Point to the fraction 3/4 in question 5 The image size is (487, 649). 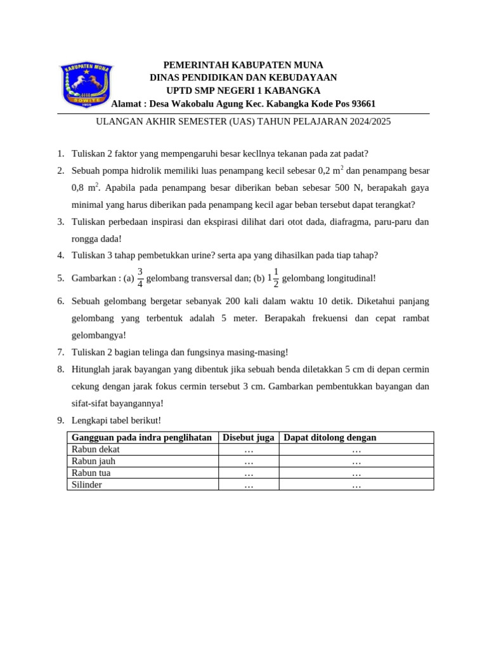click(x=140, y=278)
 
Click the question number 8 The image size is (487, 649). click(x=60, y=369)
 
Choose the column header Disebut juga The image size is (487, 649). click(x=249, y=437)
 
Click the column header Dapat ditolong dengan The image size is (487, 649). click(x=330, y=437)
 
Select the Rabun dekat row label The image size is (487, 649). click(x=96, y=449)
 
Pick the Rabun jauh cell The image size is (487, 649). click(x=93, y=461)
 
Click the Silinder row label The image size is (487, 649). click(x=87, y=485)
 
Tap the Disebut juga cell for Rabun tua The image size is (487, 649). click(x=249, y=473)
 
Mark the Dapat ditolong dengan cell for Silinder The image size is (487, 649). click(x=356, y=485)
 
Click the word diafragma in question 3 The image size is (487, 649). click(x=342, y=222)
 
